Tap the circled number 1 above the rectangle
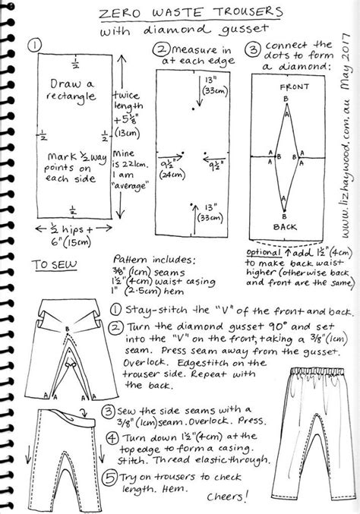click(33, 46)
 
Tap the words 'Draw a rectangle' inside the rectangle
click(70, 90)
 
